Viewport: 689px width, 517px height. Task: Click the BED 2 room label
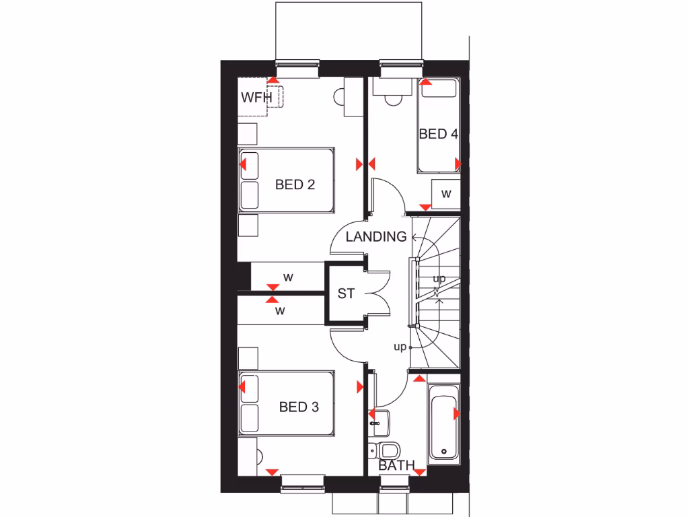295,184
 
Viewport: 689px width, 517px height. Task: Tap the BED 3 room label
299,407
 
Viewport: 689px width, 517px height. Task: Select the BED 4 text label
438,134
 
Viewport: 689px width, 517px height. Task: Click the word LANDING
376,237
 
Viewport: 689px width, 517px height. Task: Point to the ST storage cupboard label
346,294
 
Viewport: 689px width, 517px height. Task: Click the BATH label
396,466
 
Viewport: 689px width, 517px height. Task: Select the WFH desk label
256,98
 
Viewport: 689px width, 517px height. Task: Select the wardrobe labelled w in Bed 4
445,194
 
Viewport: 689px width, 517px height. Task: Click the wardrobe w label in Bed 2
287,277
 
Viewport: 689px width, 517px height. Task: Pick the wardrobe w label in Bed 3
281,311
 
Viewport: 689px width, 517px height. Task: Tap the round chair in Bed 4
391,99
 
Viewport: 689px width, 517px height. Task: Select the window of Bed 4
401,65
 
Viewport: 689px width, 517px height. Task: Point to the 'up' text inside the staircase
439,278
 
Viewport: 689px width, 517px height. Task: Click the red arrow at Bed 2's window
274,80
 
